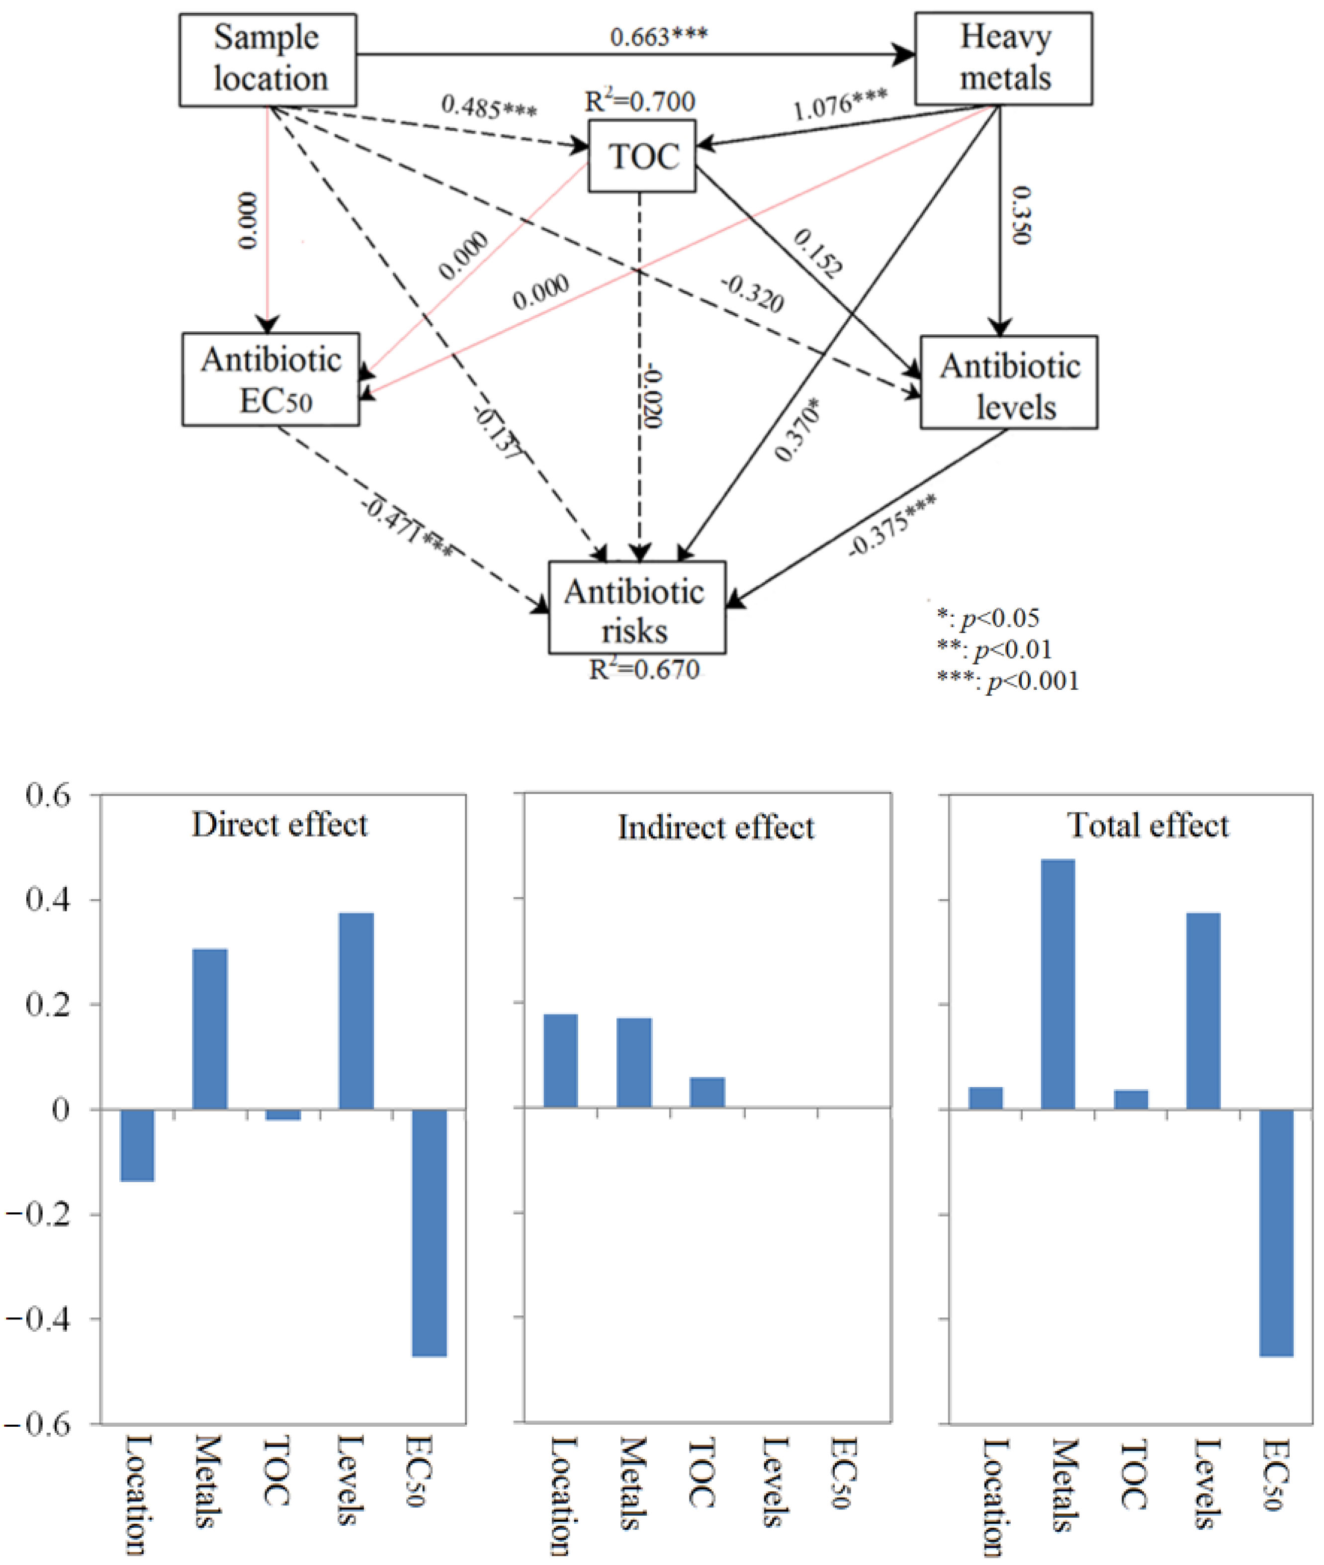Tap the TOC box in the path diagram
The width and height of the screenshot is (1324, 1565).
[642, 156]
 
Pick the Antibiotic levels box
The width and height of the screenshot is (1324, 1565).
[1009, 383]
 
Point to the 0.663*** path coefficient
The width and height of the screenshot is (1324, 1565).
[658, 36]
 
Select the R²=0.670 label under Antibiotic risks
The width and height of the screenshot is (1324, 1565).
[644, 669]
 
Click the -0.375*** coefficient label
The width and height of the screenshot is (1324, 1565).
[892, 525]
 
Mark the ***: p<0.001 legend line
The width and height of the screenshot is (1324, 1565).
[1008, 681]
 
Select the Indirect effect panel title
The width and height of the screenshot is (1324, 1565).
[715, 827]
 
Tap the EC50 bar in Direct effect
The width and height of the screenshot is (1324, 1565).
[430, 1233]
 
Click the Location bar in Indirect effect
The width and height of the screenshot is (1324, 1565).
[561, 1061]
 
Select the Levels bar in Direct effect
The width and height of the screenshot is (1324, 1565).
[356, 1011]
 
